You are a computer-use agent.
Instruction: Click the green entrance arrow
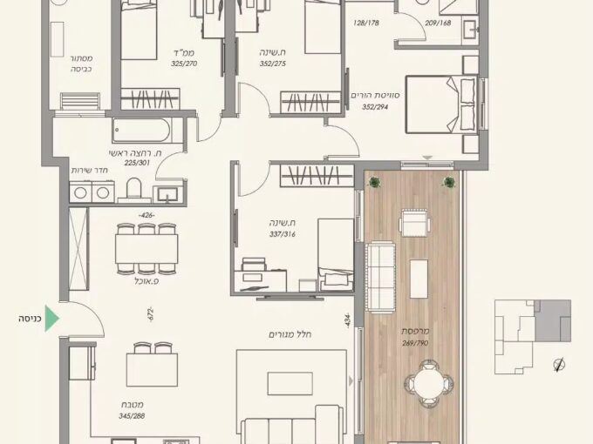51,319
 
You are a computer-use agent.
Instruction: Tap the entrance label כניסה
30,319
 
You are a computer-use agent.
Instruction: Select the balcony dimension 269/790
415,343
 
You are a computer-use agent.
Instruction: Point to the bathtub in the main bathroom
142,131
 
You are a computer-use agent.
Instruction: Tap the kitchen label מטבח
132,405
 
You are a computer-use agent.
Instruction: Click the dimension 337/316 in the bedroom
283,234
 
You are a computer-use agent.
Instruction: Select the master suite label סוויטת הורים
375,95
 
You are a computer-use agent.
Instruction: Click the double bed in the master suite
441,104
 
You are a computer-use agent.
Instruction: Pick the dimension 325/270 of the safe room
184,64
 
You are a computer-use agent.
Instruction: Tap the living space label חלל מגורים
290,334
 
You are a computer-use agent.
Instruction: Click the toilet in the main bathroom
133,188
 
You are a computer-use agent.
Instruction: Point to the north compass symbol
559,365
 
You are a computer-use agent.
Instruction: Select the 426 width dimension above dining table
147,216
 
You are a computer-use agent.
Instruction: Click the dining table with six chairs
147,248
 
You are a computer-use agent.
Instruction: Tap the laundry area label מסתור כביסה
81,64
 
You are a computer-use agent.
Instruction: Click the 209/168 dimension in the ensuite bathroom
438,23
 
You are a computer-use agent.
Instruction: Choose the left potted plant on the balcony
374,183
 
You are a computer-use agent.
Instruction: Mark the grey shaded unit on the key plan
553,321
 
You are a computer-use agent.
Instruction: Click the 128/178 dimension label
366,23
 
